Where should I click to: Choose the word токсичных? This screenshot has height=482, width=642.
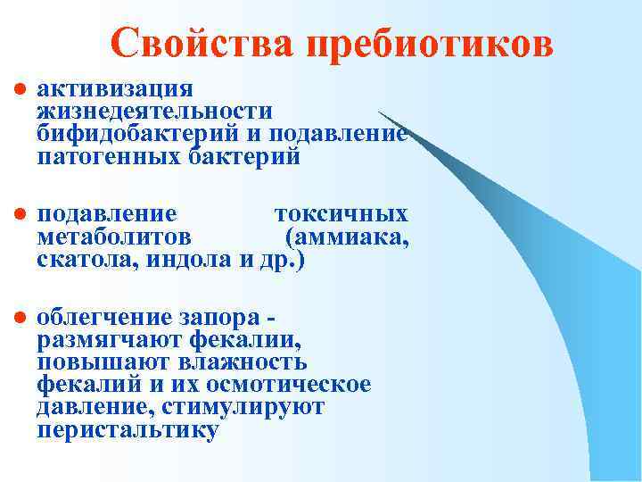[x=342, y=214]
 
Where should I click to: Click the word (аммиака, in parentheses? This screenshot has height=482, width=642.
[x=347, y=237]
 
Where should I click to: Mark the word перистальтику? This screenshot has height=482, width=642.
[x=128, y=431]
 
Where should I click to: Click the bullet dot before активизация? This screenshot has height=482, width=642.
[x=17, y=90]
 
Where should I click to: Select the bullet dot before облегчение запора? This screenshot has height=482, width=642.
[x=17, y=318]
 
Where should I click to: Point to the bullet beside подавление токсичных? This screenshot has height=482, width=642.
[x=17, y=215]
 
